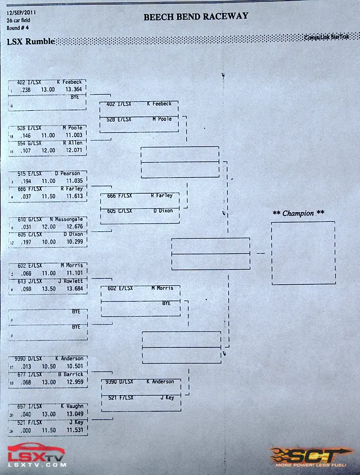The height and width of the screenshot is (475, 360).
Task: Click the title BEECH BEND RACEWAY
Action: point(195,17)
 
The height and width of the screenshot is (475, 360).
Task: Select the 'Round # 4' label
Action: point(17,28)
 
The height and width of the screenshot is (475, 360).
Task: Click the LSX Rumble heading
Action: point(31,41)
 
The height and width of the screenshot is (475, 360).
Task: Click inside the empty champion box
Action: point(303,253)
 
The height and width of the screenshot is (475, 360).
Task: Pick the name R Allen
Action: point(73,143)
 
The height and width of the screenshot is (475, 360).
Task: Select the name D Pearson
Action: point(67,173)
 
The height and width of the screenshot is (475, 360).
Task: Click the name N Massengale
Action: point(66,219)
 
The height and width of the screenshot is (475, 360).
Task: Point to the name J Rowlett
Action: point(70,281)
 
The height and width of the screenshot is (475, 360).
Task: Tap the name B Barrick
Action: point(70,374)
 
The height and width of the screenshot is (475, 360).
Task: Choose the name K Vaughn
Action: point(71,406)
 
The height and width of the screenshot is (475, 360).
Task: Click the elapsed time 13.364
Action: point(74,89)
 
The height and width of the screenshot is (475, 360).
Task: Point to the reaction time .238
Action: point(25,89)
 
